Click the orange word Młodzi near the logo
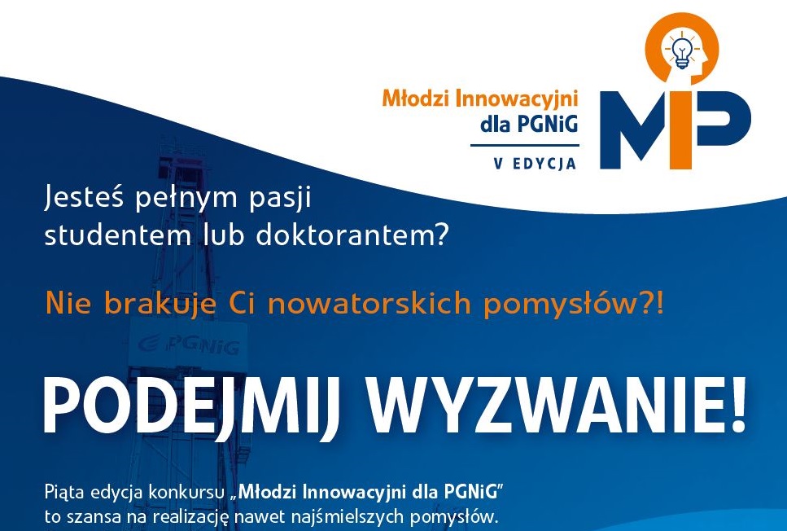point(416,99)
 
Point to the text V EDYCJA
point(535,163)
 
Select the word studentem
point(119,235)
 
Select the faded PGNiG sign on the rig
point(189,345)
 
